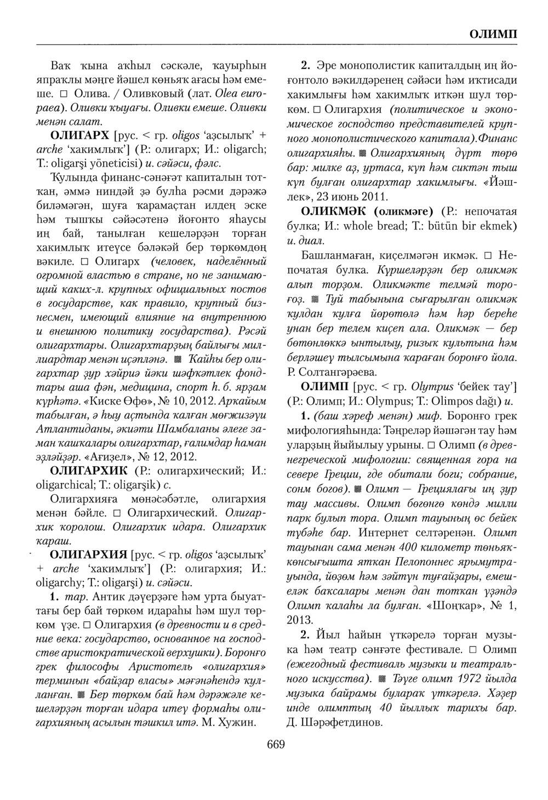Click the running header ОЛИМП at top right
(x=493, y=35)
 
